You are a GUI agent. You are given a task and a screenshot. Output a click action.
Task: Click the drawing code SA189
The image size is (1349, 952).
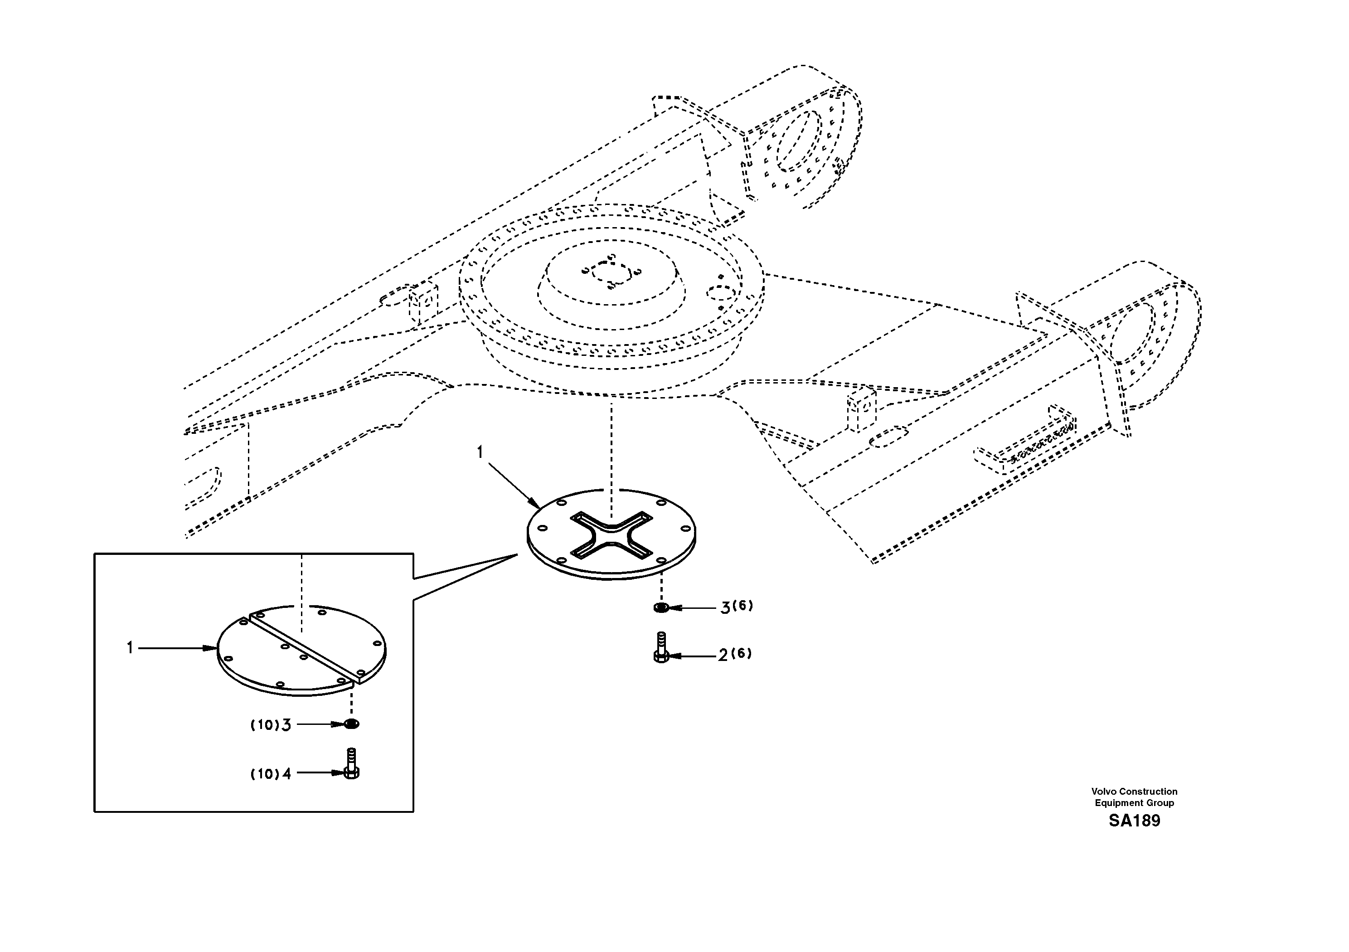tap(1134, 821)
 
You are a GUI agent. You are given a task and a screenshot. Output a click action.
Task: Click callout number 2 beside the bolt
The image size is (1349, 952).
tap(723, 655)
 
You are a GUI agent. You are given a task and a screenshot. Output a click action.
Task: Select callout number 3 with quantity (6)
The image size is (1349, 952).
tap(726, 607)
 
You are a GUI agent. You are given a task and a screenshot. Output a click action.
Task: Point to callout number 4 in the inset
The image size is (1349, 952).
tap(287, 774)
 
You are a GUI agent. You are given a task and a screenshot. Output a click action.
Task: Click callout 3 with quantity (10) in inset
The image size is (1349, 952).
tap(286, 725)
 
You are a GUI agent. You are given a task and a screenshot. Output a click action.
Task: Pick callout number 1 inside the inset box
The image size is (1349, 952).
tap(130, 648)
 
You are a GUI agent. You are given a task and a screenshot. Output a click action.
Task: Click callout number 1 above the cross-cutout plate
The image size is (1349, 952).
tap(480, 452)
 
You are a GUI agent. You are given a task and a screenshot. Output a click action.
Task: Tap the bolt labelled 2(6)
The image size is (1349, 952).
tap(660, 648)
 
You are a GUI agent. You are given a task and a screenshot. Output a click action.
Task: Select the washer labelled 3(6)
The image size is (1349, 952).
tap(660, 607)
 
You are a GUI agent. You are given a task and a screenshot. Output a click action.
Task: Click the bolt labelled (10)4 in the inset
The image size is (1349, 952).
tap(351, 763)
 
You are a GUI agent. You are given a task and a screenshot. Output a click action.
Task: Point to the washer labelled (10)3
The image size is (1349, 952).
tap(351, 724)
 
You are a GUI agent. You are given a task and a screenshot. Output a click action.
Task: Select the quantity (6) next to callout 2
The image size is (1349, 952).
tap(742, 653)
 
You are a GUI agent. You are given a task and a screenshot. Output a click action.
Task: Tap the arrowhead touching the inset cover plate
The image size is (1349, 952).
tap(213, 648)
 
